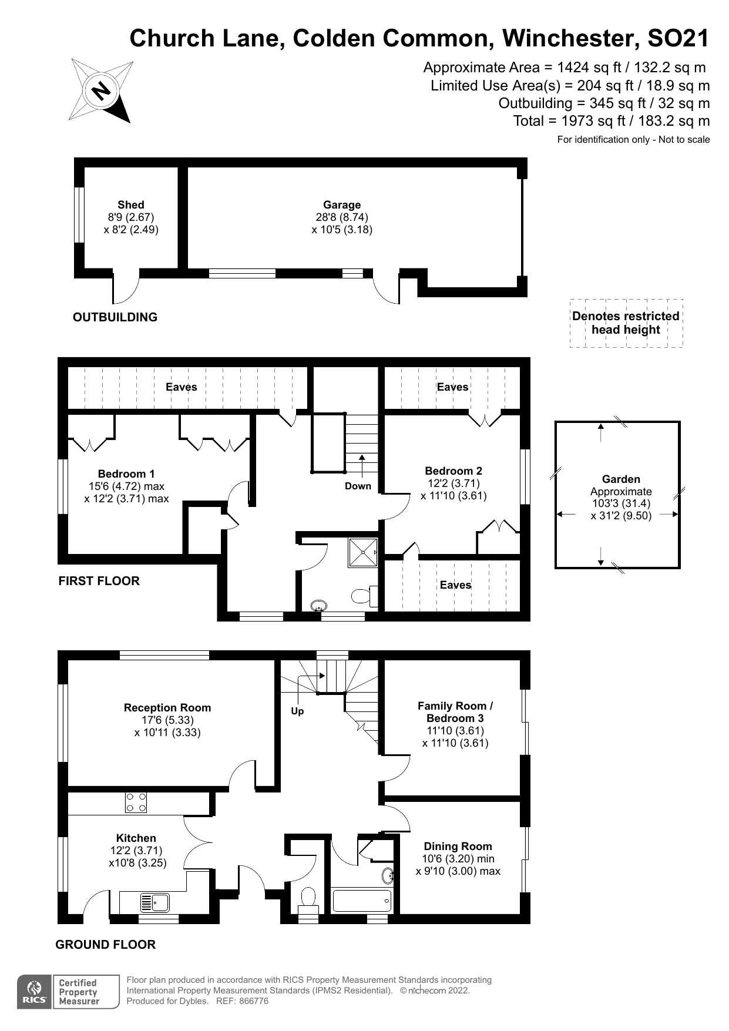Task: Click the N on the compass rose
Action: pos(101,91)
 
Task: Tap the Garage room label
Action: pos(342,205)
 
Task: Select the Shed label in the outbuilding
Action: pos(130,205)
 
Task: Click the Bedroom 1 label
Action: pos(126,474)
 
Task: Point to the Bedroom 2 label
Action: pos(453,471)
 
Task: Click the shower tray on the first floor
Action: pos(362,552)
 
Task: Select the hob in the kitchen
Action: pos(136,802)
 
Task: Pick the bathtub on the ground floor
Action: pos(361,900)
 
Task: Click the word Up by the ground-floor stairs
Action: pos(297,711)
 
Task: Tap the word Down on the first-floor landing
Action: pos(358,486)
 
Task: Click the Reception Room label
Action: pos(167,708)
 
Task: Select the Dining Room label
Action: pos(458,847)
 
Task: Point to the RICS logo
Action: pos(35,992)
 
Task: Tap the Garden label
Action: pos(621,479)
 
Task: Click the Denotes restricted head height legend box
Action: pos(626,323)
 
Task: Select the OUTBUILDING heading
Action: pos(115,317)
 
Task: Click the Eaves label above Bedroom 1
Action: pos(181,387)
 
